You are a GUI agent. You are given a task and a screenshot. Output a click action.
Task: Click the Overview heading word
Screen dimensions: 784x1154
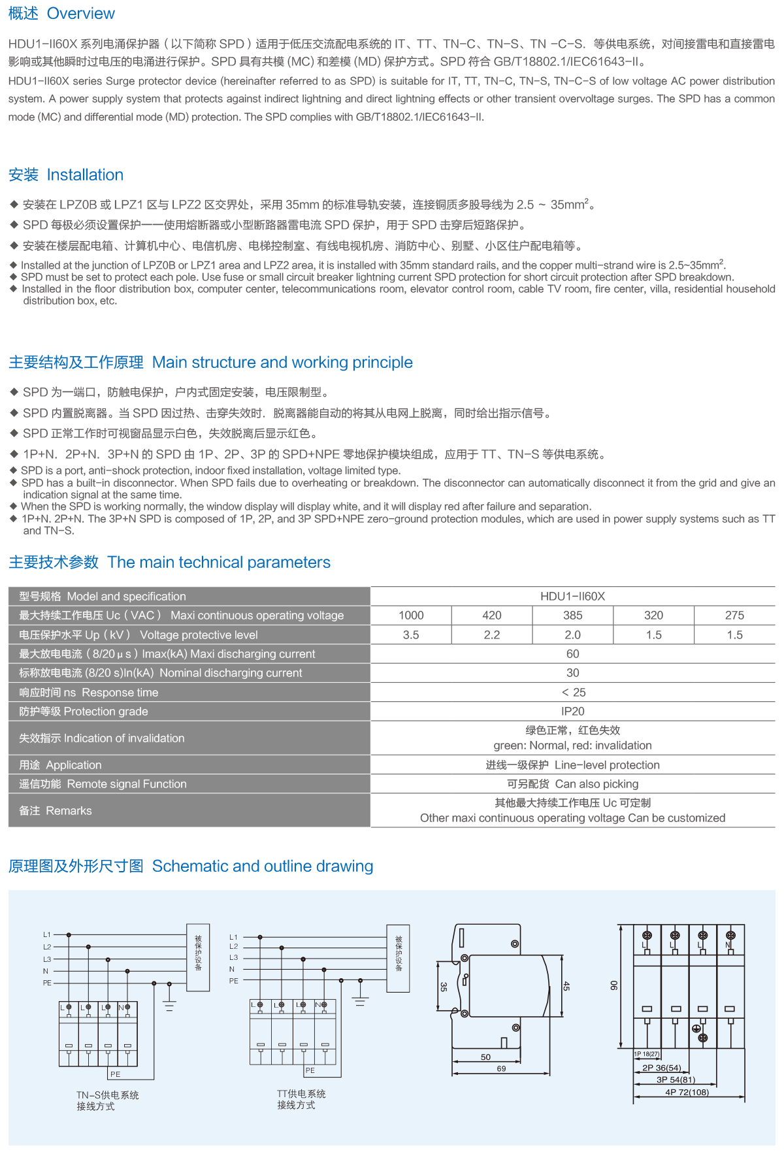pyautogui.click(x=80, y=13)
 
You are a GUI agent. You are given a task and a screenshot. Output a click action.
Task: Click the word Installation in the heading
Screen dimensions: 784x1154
pyautogui.click(x=85, y=174)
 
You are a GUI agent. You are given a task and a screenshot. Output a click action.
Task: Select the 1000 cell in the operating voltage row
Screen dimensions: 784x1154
pyautogui.click(x=411, y=615)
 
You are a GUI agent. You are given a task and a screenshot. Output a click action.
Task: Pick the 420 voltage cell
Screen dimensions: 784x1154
pyautogui.click(x=492, y=615)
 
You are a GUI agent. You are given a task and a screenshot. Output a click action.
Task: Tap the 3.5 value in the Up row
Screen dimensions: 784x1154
pyautogui.click(x=411, y=635)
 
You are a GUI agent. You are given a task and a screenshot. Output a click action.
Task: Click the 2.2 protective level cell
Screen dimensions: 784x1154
pyautogui.click(x=492, y=635)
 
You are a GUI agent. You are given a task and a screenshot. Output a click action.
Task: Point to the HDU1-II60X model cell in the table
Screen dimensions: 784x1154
pyautogui.click(x=573, y=596)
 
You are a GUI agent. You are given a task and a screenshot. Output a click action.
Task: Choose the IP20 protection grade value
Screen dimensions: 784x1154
pyautogui.click(x=573, y=711)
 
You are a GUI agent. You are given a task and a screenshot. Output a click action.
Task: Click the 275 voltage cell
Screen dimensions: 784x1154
pyautogui.click(x=735, y=615)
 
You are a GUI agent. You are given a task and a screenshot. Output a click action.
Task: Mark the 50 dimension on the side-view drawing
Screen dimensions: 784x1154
pyautogui.click(x=485, y=1057)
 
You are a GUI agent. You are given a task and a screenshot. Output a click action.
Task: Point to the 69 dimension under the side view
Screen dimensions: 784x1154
pyautogui.click(x=501, y=1068)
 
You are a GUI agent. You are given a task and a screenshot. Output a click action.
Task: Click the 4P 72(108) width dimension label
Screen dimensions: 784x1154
pyautogui.click(x=687, y=1092)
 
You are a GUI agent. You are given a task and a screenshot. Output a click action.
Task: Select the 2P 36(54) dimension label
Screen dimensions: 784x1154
pyautogui.click(x=661, y=1068)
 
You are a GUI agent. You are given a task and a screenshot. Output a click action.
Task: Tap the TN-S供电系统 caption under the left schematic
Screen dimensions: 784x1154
pyautogui.click(x=108, y=1095)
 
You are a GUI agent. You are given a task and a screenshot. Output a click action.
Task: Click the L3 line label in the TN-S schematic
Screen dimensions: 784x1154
pyautogui.click(x=47, y=959)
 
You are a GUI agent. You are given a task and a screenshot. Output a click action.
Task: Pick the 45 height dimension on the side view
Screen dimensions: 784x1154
pyautogui.click(x=566, y=986)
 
